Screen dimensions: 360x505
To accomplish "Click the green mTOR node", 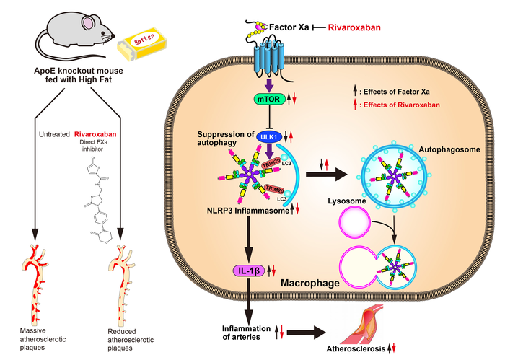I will (x=268, y=99).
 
